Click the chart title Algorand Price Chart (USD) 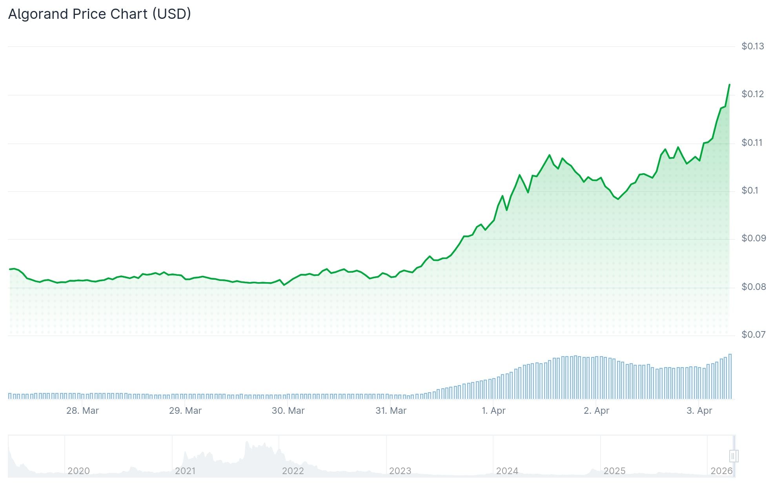[x=100, y=14]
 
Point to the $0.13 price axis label [x=752, y=46]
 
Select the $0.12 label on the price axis [x=752, y=94]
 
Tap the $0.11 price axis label [x=752, y=143]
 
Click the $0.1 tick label [x=750, y=190]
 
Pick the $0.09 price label [x=753, y=238]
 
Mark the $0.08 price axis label [x=753, y=287]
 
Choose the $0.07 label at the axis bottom [x=753, y=335]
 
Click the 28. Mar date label [x=82, y=411]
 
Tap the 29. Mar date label [x=185, y=411]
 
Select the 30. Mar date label [x=288, y=411]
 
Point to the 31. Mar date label [x=391, y=411]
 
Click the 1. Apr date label [x=494, y=411]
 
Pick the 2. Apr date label [x=596, y=411]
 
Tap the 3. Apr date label [x=699, y=411]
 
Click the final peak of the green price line [x=729, y=85]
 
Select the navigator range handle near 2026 [x=733, y=456]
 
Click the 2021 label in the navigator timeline [x=185, y=471]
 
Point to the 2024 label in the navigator [x=507, y=471]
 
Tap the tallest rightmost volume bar [x=730, y=376]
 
